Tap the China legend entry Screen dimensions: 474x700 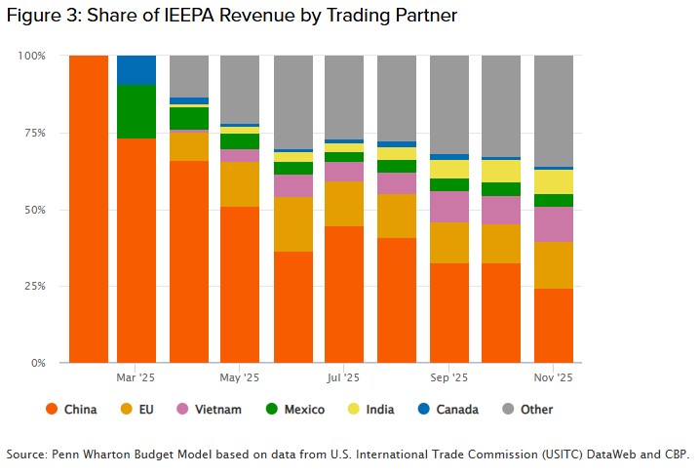[x=71, y=410]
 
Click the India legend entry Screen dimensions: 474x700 [x=371, y=410]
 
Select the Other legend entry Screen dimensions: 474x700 [x=527, y=410]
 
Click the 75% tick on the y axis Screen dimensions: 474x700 [x=33, y=133]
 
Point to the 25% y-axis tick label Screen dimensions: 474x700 [x=33, y=286]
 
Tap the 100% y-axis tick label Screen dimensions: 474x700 [x=31, y=56]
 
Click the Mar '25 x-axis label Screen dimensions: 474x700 [x=136, y=376]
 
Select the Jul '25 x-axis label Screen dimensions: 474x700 [x=343, y=376]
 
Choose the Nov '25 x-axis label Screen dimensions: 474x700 [x=553, y=376]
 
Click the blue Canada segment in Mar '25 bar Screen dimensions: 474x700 [x=136, y=70]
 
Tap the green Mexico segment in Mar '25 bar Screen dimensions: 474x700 [x=136, y=111]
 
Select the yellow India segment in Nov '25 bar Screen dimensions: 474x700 [x=553, y=181]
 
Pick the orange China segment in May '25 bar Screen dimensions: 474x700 [x=240, y=284]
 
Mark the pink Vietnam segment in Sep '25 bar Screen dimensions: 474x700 [x=448, y=206]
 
